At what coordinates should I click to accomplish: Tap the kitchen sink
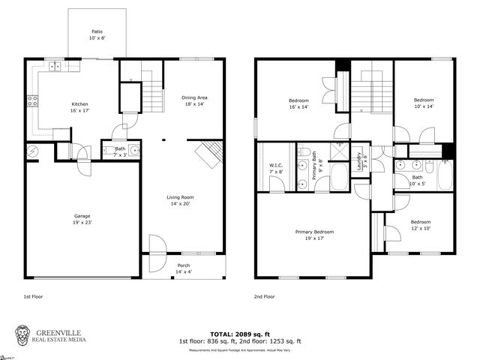click(x=55, y=67)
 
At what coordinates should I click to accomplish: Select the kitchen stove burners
click(x=33, y=100)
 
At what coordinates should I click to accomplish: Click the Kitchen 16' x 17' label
click(x=81, y=107)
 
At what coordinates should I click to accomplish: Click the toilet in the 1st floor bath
click(x=109, y=151)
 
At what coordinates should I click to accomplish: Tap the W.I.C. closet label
click(x=275, y=168)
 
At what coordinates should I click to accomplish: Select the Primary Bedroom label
click(x=313, y=235)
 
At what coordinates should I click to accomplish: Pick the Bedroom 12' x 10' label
click(x=420, y=225)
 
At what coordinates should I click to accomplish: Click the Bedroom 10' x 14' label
click(x=424, y=103)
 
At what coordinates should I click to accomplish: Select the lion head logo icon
click(x=25, y=334)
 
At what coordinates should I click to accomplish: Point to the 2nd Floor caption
click(x=264, y=297)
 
